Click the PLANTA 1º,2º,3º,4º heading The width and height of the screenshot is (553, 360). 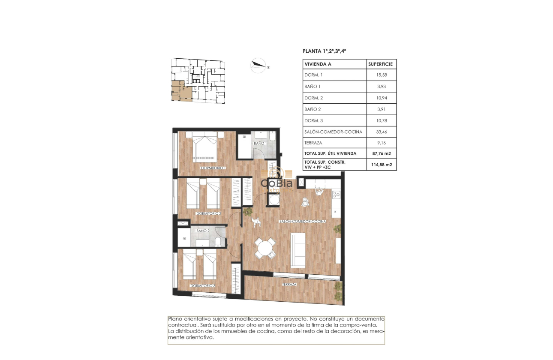pyautogui.click(x=324, y=51)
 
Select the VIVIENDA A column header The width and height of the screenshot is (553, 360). pyautogui.click(x=318, y=64)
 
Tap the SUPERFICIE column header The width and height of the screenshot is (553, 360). pyautogui.click(x=381, y=64)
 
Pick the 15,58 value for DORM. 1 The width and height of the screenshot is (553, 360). pyautogui.click(x=381, y=75)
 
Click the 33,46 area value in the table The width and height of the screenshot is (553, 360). pyautogui.click(x=381, y=132)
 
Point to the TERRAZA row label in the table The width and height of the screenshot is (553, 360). pyautogui.click(x=313, y=143)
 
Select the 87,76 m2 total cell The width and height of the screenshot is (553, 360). pyautogui.click(x=381, y=153)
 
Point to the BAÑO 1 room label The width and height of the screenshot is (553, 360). pyautogui.click(x=260, y=143)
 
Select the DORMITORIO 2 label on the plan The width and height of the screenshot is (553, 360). pyautogui.click(x=208, y=213)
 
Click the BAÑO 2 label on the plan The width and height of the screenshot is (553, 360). pyautogui.click(x=202, y=231)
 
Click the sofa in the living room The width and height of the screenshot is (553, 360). pyautogui.click(x=298, y=250)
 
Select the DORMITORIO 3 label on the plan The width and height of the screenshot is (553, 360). pyautogui.click(x=203, y=285)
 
